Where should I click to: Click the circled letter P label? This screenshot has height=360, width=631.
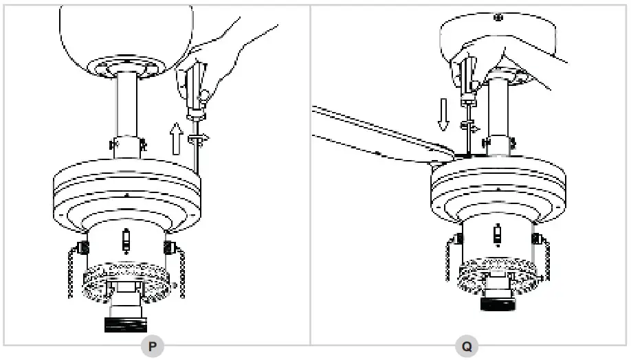click(x=153, y=347)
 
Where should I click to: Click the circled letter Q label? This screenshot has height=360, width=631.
click(x=467, y=347)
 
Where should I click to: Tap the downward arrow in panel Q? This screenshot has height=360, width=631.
click(x=443, y=114)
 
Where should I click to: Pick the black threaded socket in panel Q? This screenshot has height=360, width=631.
click(x=497, y=301)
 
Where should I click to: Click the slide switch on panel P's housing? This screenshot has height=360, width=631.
click(x=125, y=241)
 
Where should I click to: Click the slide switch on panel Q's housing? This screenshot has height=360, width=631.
click(x=497, y=236)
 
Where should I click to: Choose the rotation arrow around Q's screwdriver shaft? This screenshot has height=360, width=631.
click(x=470, y=126)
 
